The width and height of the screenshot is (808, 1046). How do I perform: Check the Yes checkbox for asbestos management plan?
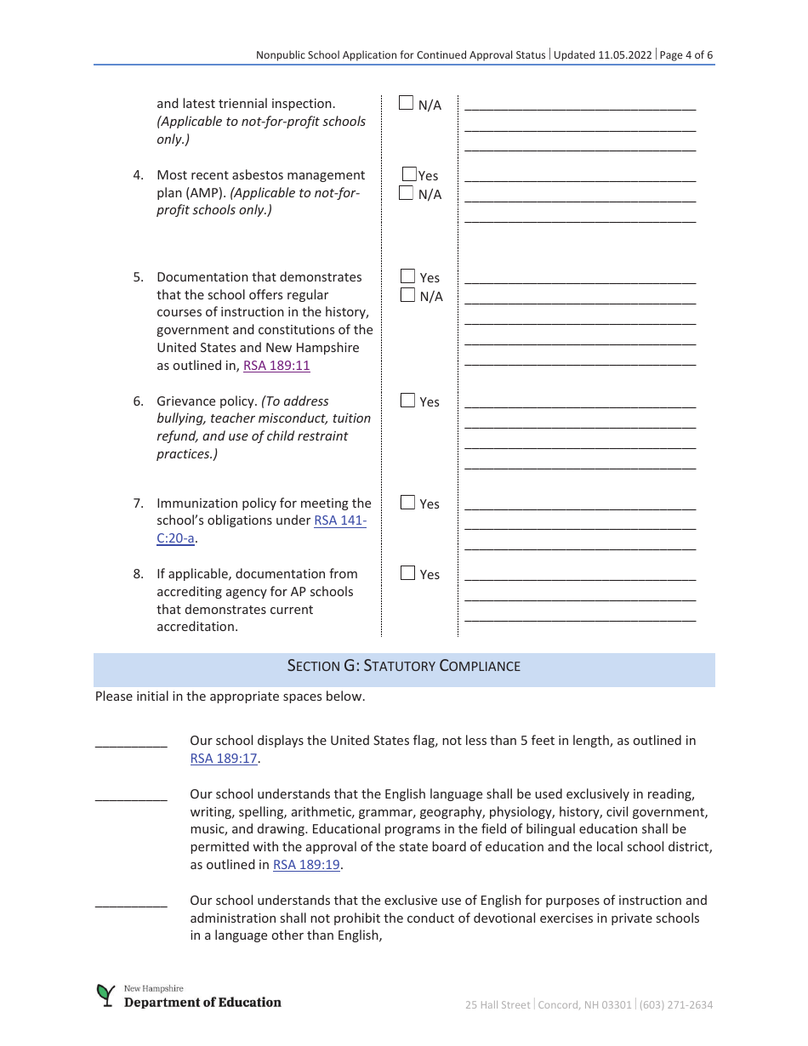[409, 174]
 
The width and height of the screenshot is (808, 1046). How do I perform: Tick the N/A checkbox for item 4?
[407, 193]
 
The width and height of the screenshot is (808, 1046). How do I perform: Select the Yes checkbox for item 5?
[407, 276]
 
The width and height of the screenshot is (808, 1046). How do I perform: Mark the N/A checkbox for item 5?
[407, 295]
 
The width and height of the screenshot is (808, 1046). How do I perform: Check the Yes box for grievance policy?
[407, 401]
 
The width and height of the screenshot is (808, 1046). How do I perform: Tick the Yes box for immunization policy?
[407, 503]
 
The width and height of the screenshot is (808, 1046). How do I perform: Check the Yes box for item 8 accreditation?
[407, 573]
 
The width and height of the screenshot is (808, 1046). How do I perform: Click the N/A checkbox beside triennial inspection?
[407, 104]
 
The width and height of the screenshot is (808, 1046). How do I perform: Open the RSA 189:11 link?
[276, 366]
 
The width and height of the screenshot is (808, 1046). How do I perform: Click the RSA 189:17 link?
[224, 759]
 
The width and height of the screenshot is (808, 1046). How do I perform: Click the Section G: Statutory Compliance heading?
[404, 666]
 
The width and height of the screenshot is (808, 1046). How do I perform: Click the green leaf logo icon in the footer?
[105, 996]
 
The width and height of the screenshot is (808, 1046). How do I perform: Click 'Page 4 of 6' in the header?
[686, 55]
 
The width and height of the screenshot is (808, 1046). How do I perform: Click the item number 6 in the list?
[138, 401]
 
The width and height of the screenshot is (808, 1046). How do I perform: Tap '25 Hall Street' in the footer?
[498, 1005]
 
